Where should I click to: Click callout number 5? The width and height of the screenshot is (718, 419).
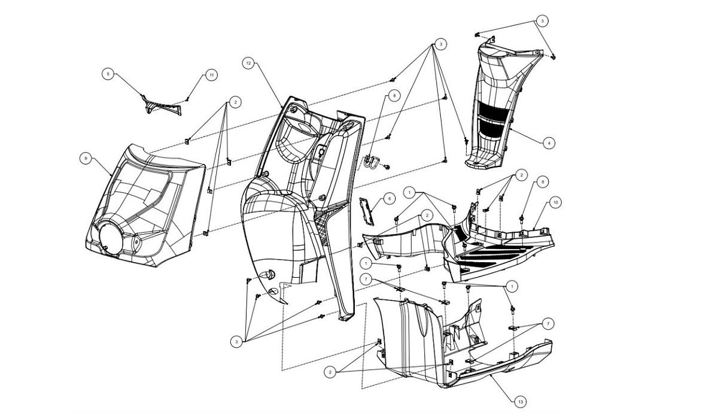pyautogui.click(x=108, y=74)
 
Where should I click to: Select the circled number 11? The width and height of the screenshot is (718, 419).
pyautogui.click(x=211, y=75)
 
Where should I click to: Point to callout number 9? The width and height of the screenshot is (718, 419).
pyautogui.click(x=87, y=158)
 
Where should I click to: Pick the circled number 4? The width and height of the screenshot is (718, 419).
pyautogui.click(x=547, y=142)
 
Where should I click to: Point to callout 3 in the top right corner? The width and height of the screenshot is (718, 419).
pyautogui.click(x=542, y=20)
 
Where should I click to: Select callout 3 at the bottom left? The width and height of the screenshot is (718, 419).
pyautogui.click(x=238, y=341)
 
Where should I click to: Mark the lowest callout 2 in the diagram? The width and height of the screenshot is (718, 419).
pyautogui.click(x=330, y=372)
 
